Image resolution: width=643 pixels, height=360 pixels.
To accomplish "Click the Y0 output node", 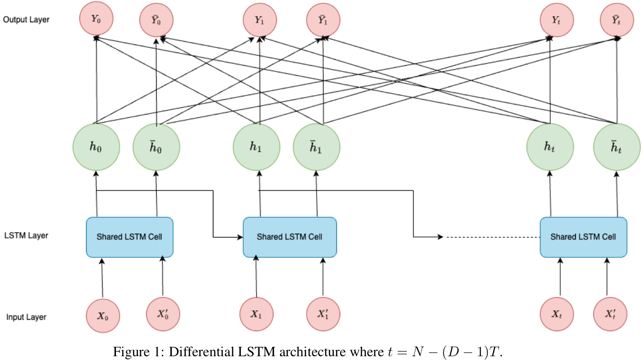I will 96,20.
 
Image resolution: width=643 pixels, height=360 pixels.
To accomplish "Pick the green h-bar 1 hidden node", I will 317,147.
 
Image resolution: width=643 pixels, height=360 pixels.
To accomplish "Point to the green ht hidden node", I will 550,147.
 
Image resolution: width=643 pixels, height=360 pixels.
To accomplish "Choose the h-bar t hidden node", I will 617,147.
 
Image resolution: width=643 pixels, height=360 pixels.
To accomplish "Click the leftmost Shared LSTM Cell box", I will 130,237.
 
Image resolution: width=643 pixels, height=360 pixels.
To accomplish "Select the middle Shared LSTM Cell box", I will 289,237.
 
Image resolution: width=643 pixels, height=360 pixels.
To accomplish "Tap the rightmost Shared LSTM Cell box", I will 583,237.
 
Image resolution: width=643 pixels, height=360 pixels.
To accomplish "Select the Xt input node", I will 556,315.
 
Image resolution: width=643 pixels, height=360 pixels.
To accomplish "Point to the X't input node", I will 610,315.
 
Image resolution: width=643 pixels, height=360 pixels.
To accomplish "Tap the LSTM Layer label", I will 26,235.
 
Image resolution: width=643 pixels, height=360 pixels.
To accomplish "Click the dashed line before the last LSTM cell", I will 492,237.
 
